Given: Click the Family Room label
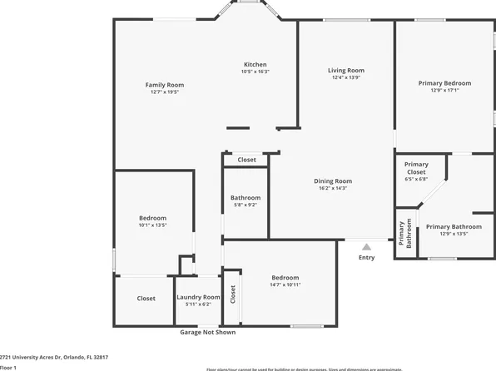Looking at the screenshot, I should (x=165, y=85).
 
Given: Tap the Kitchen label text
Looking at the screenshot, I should (x=255, y=65).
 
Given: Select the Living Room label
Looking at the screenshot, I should (x=346, y=71).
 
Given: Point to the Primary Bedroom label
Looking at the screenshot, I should (x=444, y=83).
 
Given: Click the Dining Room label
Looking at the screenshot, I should (x=333, y=181).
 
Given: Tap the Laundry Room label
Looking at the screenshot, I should (x=198, y=297).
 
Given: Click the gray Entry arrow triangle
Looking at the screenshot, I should (x=366, y=246).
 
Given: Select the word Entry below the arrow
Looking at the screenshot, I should (x=366, y=258).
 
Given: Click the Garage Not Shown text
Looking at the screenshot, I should (x=207, y=332).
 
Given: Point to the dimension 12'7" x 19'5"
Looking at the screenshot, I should (x=165, y=92).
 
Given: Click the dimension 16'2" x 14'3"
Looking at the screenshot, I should (x=333, y=189).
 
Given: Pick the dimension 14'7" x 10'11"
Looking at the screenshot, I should (x=285, y=285).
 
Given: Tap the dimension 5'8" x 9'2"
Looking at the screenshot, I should (x=246, y=205).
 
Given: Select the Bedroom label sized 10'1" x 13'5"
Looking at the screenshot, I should (x=152, y=218).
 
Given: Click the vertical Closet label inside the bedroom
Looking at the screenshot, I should (x=233, y=293).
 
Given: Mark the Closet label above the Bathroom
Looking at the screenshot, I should (x=246, y=160).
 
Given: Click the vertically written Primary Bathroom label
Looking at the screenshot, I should (x=404, y=235).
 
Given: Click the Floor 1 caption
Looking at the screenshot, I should (x=8, y=367).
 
